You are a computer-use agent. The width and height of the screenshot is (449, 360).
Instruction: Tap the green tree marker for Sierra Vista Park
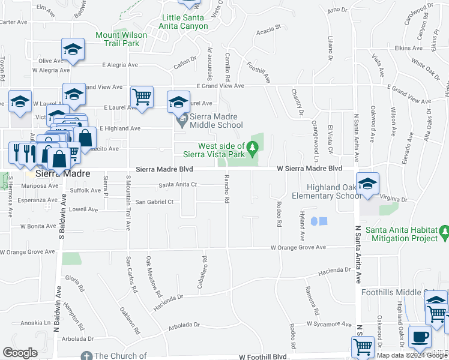point(253,146)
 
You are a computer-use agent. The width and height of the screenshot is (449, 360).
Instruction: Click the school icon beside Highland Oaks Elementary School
point(367,183)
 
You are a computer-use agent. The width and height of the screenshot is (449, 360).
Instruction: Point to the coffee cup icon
point(420,337)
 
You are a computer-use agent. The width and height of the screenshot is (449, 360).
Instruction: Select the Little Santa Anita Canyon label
point(186,22)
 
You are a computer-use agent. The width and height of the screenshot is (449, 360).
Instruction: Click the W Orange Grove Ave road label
point(298,247)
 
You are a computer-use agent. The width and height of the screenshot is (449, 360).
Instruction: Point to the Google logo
point(20,353)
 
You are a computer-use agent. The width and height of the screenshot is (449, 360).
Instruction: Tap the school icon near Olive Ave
point(73,49)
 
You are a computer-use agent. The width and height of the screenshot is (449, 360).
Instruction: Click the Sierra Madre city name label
point(62,173)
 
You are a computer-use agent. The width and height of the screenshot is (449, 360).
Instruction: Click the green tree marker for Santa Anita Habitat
point(444,231)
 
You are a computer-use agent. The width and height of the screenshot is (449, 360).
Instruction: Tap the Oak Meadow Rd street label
point(153,277)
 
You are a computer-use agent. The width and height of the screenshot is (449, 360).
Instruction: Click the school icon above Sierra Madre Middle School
point(178,101)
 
